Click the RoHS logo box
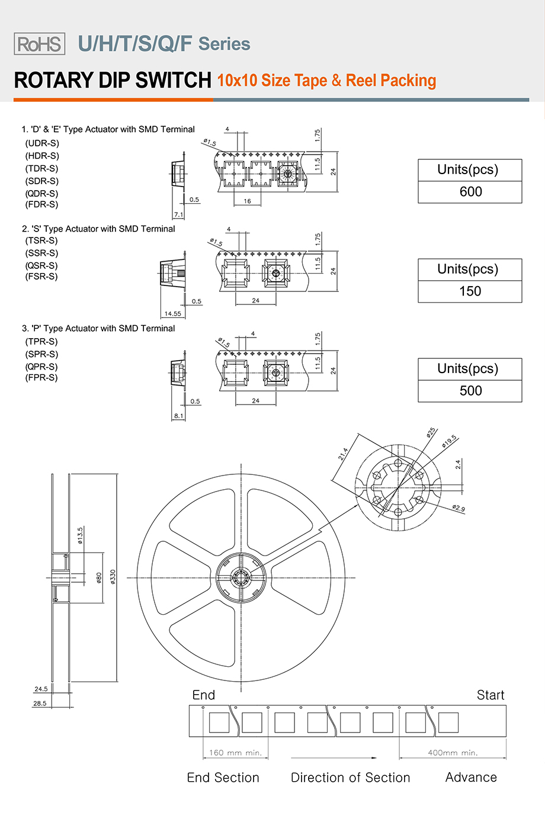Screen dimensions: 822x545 [x=40, y=44]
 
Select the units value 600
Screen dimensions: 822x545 [x=470, y=192]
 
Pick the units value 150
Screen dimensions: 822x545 [x=470, y=291]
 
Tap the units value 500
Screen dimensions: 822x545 [x=470, y=391]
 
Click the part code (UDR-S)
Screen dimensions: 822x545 [x=42, y=143]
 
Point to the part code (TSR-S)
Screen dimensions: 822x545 [x=41, y=240]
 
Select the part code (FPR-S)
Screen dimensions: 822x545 [x=41, y=377]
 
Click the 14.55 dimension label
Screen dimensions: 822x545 [x=173, y=314]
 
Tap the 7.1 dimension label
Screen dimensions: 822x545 [x=178, y=215]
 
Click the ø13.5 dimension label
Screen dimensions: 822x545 [x=81, y=535]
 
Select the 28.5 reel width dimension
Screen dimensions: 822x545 [x=40, y=704]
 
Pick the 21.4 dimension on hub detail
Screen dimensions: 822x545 [x=343, y=454]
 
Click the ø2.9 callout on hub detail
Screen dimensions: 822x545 [x=459, y=508]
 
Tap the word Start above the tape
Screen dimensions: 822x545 [x=490, y=695]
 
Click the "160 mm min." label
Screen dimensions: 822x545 [x=235, y=753]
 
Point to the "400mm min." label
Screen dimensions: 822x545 [x=453, y=753]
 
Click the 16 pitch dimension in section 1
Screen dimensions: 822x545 [x=247, y=201]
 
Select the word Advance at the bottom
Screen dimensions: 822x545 [x=471, y=778]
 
